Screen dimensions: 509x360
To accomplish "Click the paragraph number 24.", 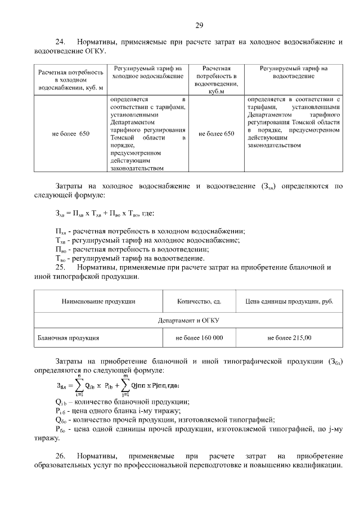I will click(60, 42).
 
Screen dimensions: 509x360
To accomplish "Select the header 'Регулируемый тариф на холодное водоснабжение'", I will click(148, 71).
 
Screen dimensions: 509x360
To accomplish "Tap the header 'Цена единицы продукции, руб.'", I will click(290, 301).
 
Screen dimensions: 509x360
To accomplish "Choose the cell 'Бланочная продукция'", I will click(69, 338).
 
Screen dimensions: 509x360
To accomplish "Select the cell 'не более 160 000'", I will click(199, 338).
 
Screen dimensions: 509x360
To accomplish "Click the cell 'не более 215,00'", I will click(290, 338).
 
